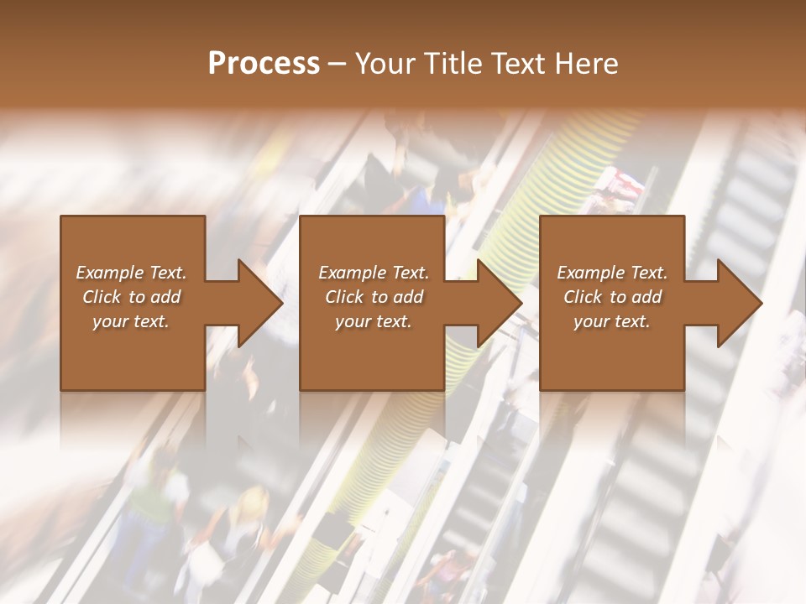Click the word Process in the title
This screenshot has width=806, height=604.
point(264,64)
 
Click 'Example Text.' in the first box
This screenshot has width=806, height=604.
point(131,273)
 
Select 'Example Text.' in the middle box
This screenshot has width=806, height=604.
point(374,273)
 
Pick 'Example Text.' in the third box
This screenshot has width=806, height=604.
point(612,273)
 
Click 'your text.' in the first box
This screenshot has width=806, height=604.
point(131,321)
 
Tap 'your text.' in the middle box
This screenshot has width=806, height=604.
point(374,321)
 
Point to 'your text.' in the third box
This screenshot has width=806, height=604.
point(612,321)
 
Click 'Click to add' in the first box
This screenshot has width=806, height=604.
point(131,297)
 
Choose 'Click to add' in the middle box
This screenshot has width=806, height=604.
point(374,297)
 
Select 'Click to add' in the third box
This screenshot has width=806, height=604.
point(612,297)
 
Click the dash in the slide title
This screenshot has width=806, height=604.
point(338,65)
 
